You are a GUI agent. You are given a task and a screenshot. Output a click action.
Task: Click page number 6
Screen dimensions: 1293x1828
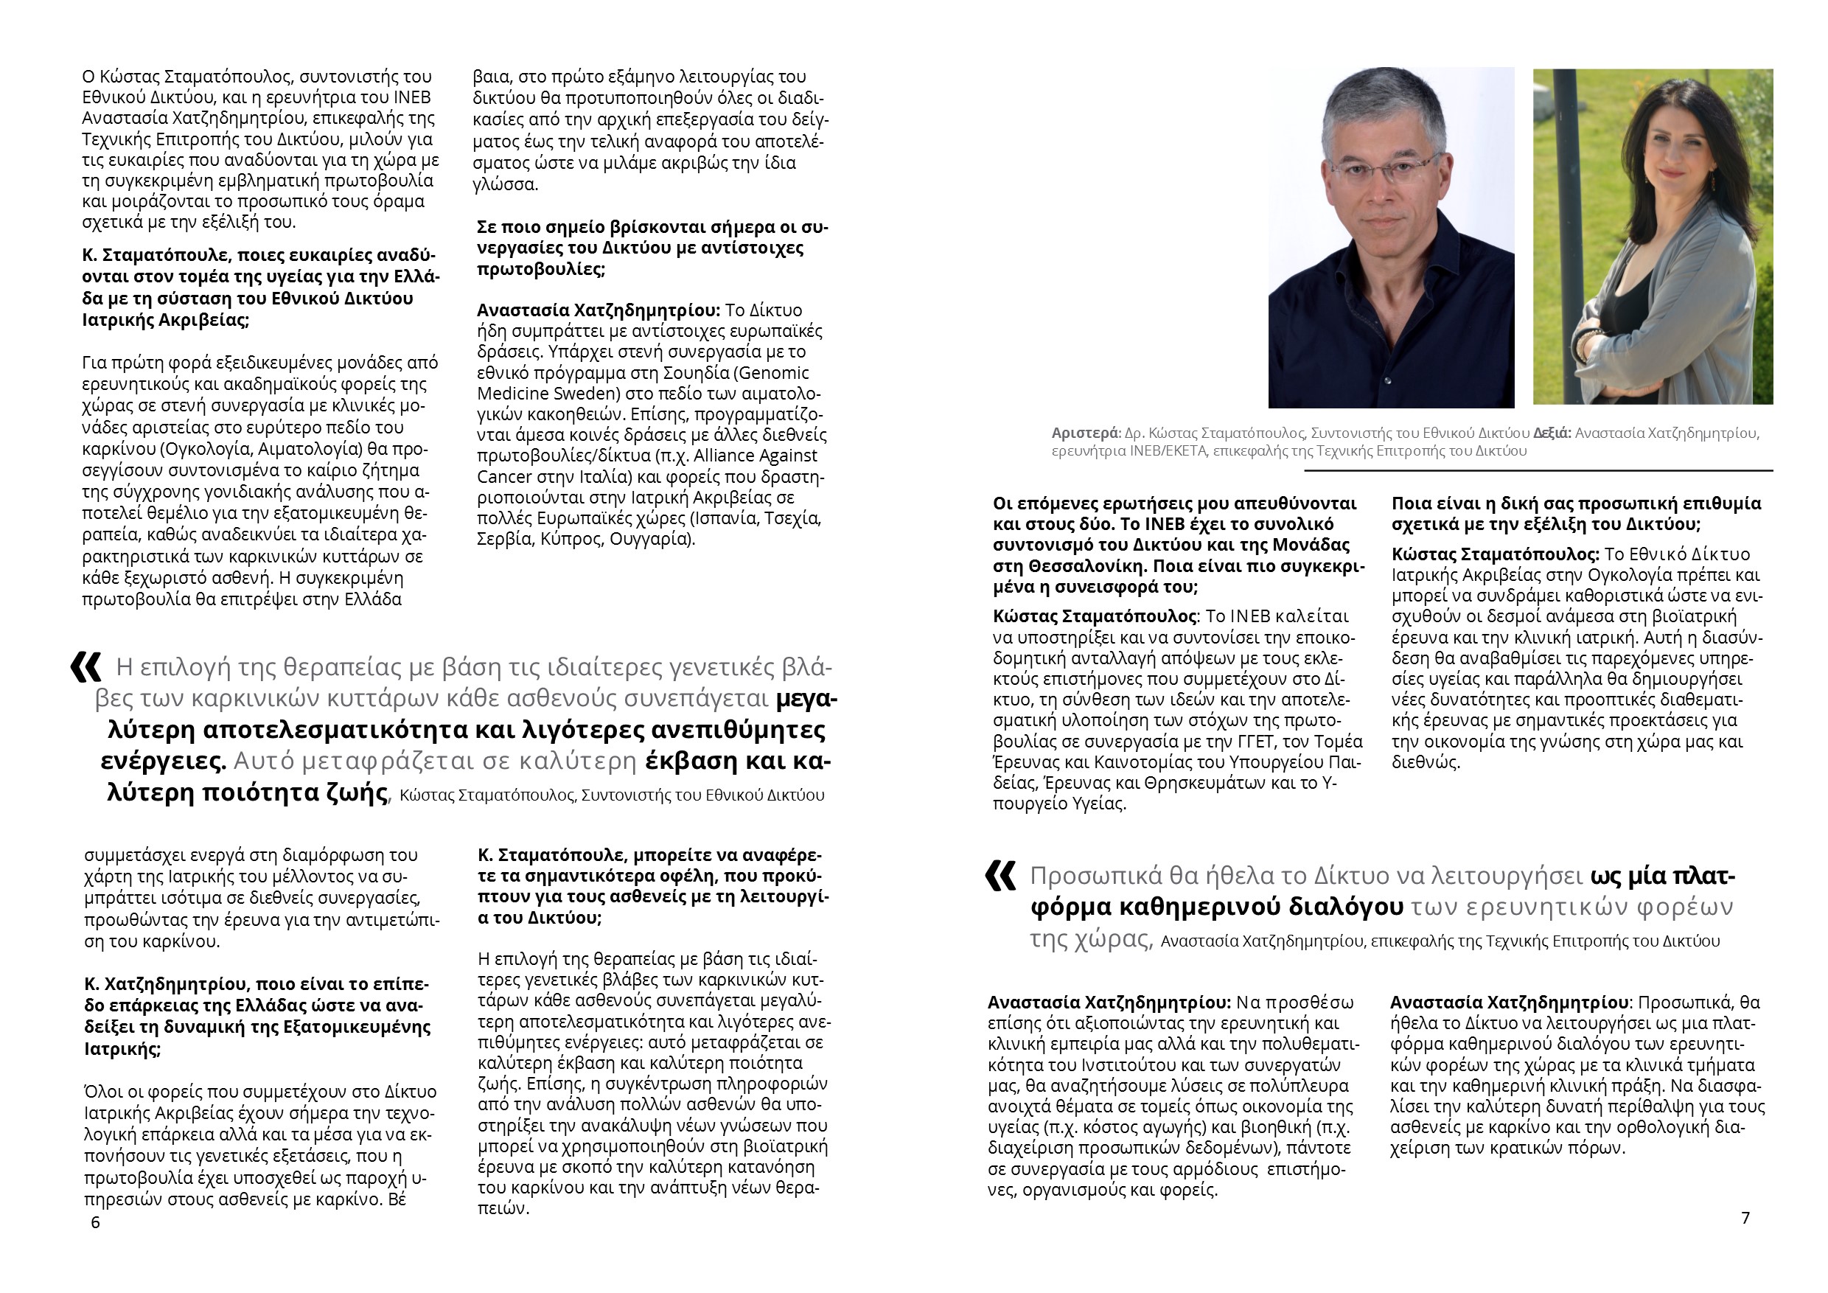[96, 1223]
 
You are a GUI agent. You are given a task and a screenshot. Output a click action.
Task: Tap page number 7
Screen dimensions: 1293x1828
[1745, 1217]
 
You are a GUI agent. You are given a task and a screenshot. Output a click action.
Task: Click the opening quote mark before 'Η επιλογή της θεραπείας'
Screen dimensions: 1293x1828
[86, 667]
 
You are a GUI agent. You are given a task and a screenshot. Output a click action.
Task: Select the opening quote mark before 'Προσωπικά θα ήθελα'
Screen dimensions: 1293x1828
[1000, 876]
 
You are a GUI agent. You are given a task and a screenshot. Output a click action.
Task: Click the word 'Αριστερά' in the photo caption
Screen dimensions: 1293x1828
[1085, 434]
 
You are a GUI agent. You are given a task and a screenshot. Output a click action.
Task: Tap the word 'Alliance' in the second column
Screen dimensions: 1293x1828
[728, 456]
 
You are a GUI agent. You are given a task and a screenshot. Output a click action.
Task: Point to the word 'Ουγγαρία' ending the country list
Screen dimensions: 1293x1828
[659, 539]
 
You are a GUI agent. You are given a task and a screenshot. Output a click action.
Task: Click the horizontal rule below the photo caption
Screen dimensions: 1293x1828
[1537, 470]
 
